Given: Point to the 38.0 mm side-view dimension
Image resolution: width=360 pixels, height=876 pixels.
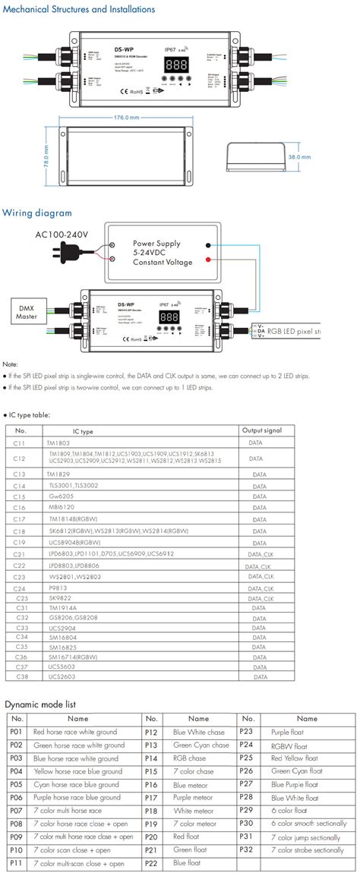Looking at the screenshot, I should coord(300,157).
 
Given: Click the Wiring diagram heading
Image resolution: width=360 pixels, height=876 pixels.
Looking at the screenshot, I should coord(37,213).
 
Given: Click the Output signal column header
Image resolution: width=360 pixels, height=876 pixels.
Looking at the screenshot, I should coord(261,430).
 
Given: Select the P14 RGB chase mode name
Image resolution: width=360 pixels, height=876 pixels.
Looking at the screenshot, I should coord(190,758).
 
